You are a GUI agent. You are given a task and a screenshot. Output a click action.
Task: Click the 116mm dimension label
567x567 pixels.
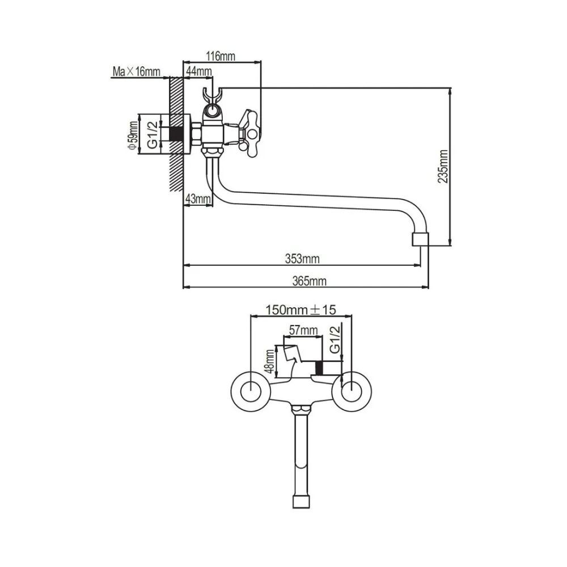[221, 56]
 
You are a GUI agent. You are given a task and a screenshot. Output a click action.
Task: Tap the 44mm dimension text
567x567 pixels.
[198, 71]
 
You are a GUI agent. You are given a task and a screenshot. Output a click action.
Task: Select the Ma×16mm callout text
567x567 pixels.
[136, 71]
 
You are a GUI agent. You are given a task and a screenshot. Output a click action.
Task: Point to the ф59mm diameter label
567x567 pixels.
[133, 136]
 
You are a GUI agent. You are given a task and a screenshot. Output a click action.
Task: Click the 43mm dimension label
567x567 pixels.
[198, 199]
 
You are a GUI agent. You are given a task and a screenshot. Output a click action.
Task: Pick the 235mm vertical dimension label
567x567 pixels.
[443, 166]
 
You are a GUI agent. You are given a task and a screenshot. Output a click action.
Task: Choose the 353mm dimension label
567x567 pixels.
[302, 259]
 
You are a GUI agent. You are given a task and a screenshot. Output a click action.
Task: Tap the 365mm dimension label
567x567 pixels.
[309, 281]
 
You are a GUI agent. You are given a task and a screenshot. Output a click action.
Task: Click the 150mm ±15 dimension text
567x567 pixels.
[301, 310]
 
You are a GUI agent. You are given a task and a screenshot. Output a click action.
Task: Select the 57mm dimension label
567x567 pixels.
[303, 330]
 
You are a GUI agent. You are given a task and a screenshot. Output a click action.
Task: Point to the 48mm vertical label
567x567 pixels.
[269, 362]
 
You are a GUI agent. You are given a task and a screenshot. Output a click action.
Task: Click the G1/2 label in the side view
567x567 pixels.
[153, 135]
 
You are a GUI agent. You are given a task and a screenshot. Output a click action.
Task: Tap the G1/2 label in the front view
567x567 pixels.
[335, 339]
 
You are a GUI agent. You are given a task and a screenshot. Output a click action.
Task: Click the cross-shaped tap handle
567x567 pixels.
[248, 133]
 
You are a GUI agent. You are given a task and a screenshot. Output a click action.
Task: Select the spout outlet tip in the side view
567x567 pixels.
[421, 239]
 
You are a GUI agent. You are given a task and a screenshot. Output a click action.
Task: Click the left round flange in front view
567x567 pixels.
[251, 391]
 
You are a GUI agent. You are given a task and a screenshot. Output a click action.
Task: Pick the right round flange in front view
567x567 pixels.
[351, 391]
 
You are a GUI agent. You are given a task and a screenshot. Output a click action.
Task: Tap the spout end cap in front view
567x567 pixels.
[301, 502]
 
